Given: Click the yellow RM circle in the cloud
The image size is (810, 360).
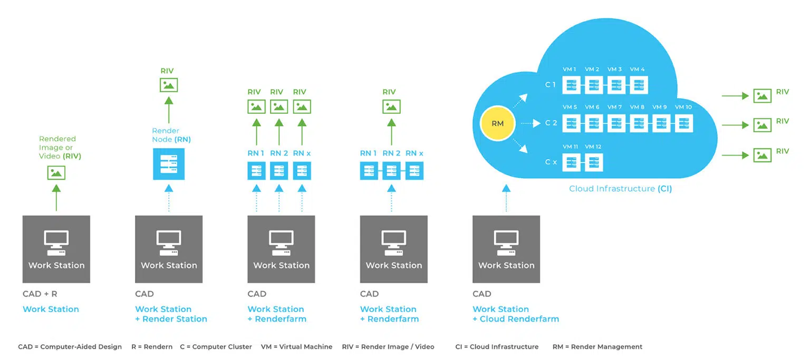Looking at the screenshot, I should coord(497,124).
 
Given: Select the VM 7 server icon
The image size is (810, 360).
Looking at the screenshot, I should coord(616,123).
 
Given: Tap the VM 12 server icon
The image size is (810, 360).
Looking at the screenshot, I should coord(594,162).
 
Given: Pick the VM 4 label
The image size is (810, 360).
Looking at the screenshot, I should coord(637,70).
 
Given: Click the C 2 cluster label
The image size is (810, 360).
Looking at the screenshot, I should coord(551,123).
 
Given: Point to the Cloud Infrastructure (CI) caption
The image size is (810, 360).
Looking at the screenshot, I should coord(620,189).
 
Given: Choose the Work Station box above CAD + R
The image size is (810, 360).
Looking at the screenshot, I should coord(56,249).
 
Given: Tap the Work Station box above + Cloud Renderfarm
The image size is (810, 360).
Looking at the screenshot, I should coord(506,249).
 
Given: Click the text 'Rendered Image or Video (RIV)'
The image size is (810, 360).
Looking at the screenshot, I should coord(60,148).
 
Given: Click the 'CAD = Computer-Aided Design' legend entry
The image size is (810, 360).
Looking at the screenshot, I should coord(70,347).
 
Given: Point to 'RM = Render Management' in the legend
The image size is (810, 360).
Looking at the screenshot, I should coord(597,347).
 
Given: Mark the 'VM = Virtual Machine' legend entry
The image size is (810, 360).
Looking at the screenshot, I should coord(296,347).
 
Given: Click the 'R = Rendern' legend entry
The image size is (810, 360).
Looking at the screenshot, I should coord(152,347).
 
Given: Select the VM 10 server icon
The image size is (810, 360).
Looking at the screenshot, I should coord(684,123).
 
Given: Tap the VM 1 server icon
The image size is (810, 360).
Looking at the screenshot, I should coord(571,85).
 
